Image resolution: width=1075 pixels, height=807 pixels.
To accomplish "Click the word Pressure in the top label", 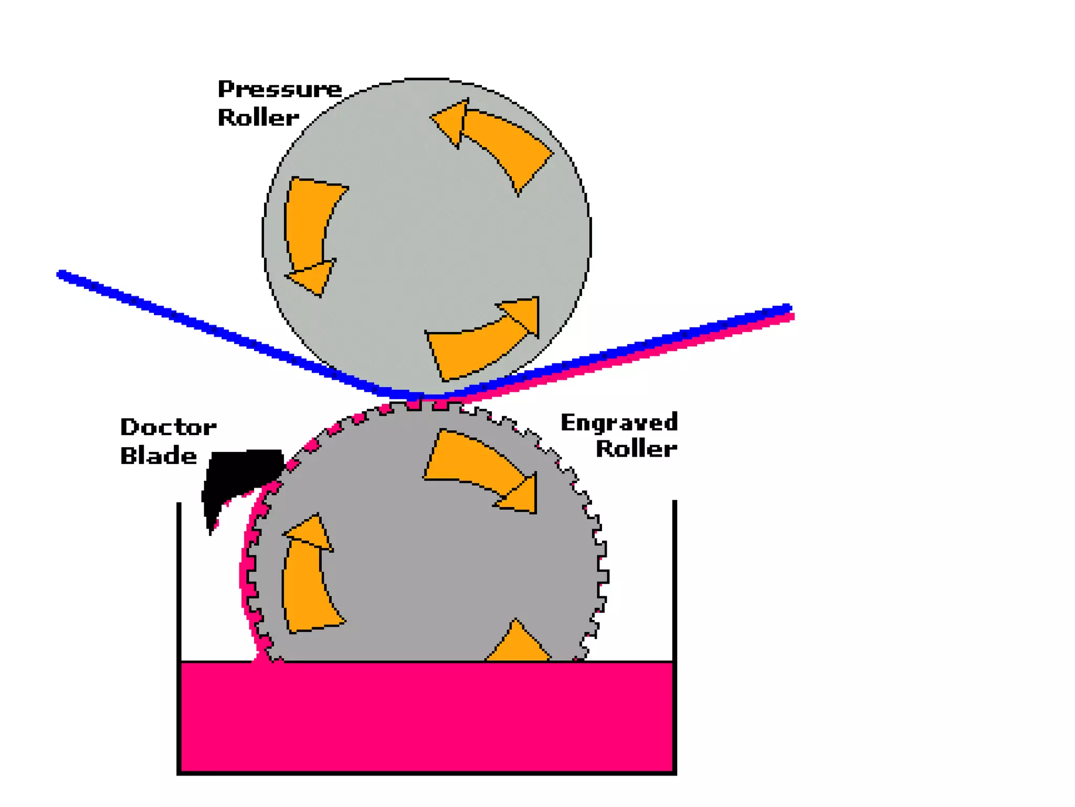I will pos(279,89).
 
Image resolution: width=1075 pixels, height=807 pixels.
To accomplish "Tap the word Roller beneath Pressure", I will pos(258,118).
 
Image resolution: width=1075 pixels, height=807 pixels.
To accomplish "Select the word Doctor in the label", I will pos(168,427).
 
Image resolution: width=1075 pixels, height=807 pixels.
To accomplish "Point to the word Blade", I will pos(159,456).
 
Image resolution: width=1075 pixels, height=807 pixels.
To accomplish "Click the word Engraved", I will pos(619,422).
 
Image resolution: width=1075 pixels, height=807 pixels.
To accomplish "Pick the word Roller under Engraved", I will pos(636,449).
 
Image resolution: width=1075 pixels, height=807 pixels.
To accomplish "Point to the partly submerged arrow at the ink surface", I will pos(518,644).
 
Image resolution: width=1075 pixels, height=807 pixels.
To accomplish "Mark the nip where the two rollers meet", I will pos(425,398).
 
